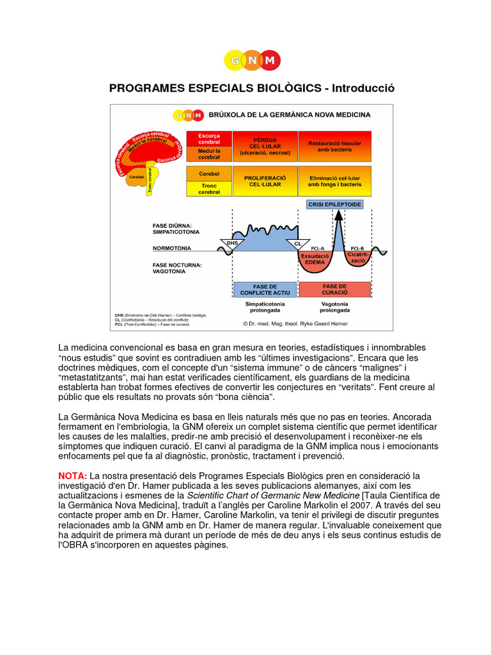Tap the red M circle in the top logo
(x=270, y=61)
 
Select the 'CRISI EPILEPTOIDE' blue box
(x=335, y=204)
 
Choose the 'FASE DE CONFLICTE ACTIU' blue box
(x=265, y=289)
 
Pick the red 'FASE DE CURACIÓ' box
(x=335, y=289)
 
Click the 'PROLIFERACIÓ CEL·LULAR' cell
(x=265, y=180)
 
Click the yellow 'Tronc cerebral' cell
(x=208, y=189)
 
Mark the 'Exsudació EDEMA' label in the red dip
(x=315, y=258)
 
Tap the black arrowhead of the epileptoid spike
(x=338, y=216)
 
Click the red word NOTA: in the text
(x=72, y=476)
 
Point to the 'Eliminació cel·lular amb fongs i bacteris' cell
(x=335, y=180)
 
